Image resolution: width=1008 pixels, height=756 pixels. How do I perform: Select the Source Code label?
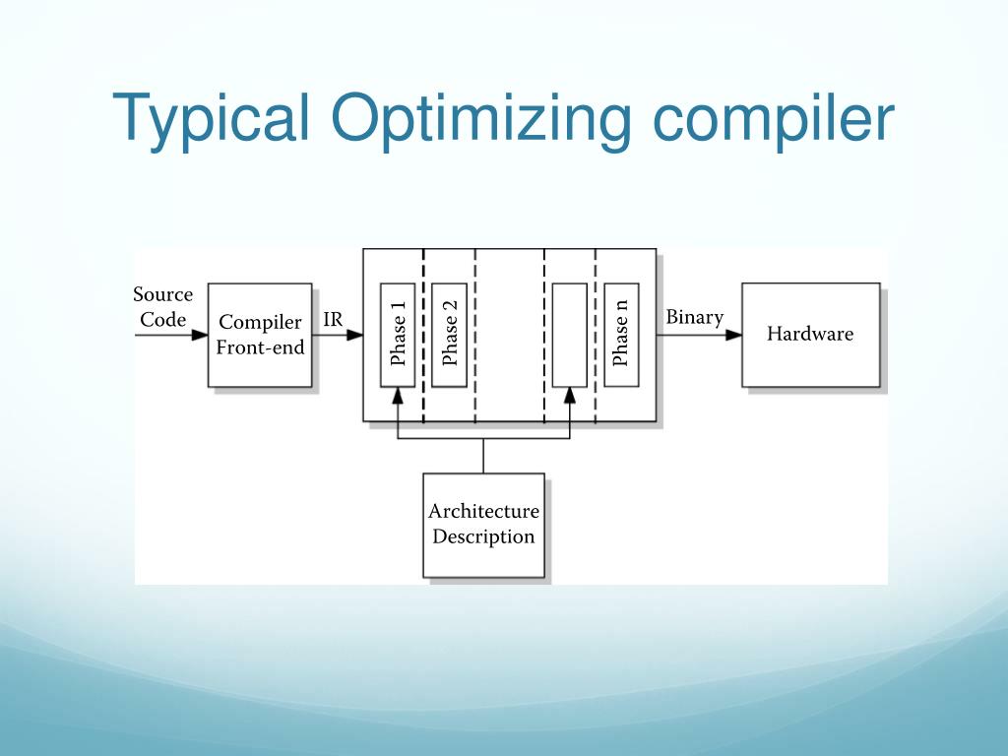tap(162, 307)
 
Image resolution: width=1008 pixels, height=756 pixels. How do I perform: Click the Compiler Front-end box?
tap(260, 335)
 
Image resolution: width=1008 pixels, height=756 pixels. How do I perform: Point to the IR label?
tap(333, 319)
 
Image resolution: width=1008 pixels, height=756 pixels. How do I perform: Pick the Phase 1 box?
tap(398, 335)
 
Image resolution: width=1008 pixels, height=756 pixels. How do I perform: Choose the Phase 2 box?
tap(449, 335)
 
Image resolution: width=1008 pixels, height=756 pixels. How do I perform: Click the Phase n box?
tap(621, 335)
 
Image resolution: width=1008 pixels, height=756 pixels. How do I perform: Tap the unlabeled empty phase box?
tap(569, 335)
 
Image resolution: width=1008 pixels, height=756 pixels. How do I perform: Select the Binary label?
tap(694, 317)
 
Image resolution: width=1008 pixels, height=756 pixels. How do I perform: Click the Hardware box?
tap(810, 335)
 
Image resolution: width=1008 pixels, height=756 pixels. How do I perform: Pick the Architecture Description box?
tap(483, 525)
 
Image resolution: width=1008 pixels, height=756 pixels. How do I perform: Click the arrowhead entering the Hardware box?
tap(733, 335)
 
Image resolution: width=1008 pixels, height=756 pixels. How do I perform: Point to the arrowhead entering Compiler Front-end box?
tap(200, 335)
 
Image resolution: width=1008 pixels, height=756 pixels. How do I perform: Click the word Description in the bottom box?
tap(483, 536)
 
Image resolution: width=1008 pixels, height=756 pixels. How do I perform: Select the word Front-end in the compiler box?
tap(260, 347)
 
